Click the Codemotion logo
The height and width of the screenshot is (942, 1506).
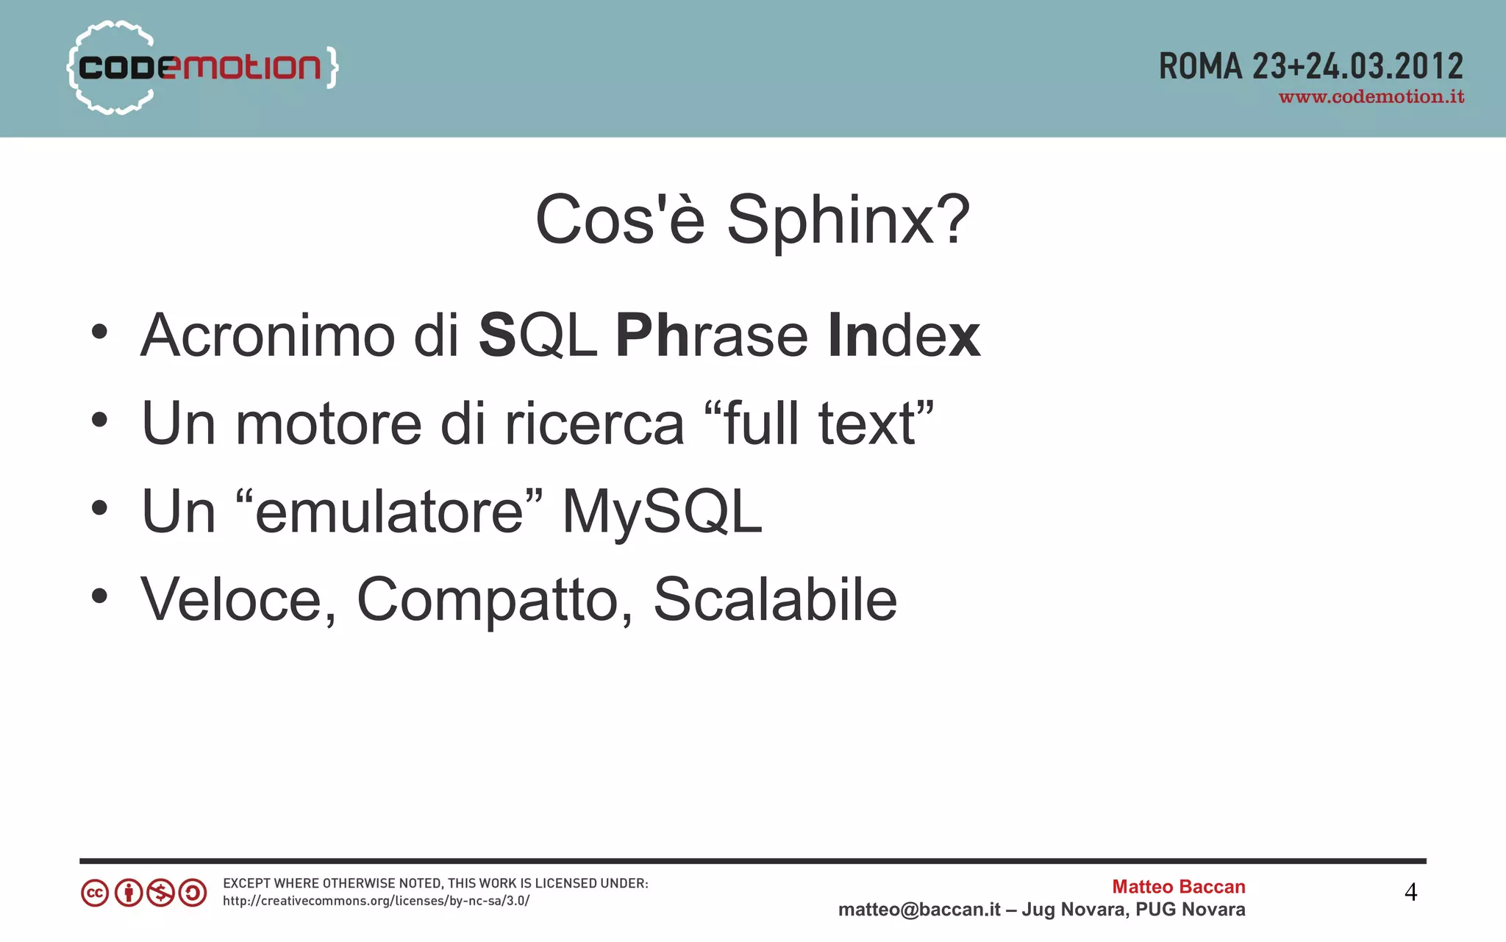click(x=202, y=68)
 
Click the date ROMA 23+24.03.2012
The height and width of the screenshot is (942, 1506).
click(x=1310, y=66)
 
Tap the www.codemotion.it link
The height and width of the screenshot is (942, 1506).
click(x=1371, y=97)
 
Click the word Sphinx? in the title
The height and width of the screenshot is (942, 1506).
click(x=848, y=220)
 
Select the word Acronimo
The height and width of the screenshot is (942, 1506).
click(x=268, y=335)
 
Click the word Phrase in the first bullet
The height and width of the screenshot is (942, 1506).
click(x=711, y=335)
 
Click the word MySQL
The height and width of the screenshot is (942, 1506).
click(x=662, y=512)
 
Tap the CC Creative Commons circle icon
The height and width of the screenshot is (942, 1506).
click(x=95, y=893)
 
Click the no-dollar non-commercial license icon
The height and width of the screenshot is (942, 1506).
click(x=160, y=893)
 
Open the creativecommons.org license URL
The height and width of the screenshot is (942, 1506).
click(x=376, y=901)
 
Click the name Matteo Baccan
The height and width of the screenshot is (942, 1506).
click(x=1178, y=887)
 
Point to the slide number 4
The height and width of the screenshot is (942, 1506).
click(x=1410, y=892)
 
